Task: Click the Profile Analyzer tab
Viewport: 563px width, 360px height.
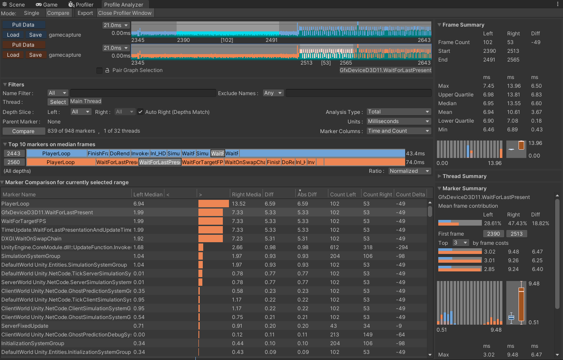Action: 124,4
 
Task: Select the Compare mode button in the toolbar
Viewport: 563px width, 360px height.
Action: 58,13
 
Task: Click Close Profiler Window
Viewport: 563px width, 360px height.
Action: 125,13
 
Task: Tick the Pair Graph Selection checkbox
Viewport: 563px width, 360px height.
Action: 99,70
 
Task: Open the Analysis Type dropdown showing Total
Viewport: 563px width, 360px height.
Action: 399,112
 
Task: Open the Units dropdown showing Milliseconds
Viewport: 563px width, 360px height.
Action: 399,121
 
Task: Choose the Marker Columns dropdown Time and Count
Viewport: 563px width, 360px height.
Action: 399,131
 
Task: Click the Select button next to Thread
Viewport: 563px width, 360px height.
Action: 58,102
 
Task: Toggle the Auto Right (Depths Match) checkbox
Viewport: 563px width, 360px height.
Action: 140,112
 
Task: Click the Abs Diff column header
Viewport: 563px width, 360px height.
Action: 307,195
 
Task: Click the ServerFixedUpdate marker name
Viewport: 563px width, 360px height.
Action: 25,326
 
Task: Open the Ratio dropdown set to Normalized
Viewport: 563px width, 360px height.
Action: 409,171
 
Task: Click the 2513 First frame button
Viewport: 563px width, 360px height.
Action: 516,234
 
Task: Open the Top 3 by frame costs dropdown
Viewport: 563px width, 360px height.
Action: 461,243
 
